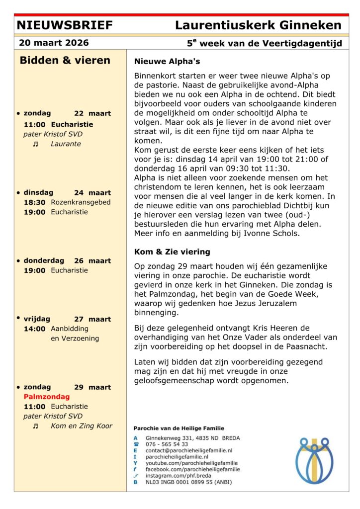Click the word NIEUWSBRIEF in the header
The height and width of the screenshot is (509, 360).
(65, 25)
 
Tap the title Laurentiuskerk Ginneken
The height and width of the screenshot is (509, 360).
(258, 25)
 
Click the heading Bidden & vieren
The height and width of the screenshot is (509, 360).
(65, 61)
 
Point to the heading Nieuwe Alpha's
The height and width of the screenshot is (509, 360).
(167, 62)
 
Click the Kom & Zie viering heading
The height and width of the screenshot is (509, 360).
(172, 252)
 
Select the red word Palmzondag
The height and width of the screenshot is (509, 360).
(47, 397)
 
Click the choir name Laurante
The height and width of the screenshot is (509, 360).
(66, 144)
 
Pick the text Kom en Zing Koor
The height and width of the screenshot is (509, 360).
(82, 425)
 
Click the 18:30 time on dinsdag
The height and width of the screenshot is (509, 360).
(34, 202)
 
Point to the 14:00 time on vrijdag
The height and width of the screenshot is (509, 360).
(34, 329)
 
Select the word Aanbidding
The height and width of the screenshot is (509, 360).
(70, 329)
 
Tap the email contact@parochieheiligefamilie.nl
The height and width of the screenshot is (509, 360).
(189, 450)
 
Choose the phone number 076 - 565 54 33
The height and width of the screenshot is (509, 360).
(167, 444)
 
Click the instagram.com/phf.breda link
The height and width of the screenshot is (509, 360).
(178, 475)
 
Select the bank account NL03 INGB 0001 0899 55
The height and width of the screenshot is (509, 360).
(183, 482)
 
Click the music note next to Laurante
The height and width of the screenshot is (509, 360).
(35, 144)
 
